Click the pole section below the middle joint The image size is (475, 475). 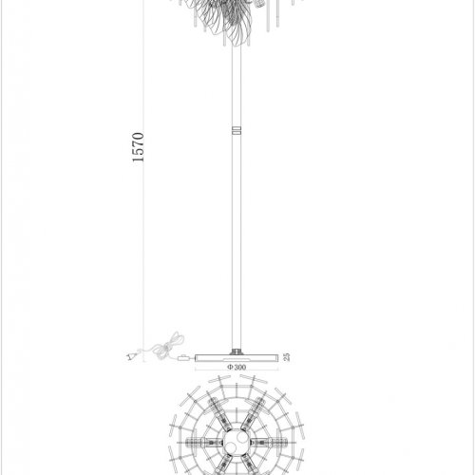pyautogui.click(x=234, y=237)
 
